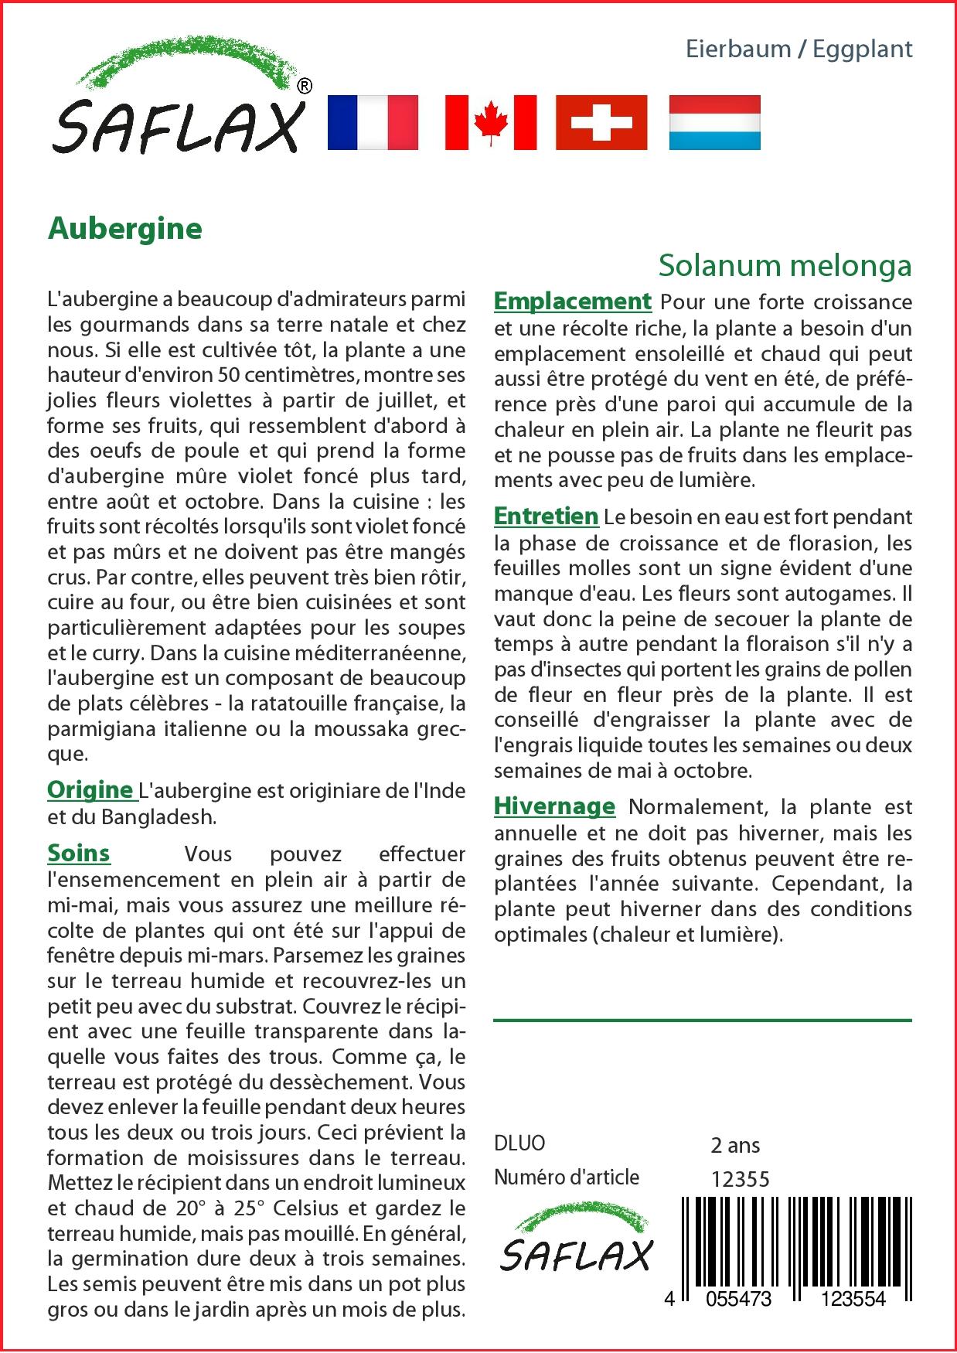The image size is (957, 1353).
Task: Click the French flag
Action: pyautogui.click(x=373, y=122)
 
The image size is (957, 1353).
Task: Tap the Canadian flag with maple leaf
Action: pyautogui.click(x=490, y=122)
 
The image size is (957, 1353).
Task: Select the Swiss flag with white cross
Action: pyautogui.click(x=601, y=122)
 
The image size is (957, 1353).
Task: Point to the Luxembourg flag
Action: pyautogui.click(x=714, y=122)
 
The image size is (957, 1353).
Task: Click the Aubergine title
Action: pyautogui.click(x=125, y=229)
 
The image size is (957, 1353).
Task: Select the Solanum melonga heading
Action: pyautogui.click(x=785, y=265)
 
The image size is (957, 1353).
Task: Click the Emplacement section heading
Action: pyautogui.click(x=573, y=301)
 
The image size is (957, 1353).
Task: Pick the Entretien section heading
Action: pyautogui.click(x=547, y=516)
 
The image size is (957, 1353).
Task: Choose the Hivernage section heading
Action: pyautogui.click(x=555, y=806)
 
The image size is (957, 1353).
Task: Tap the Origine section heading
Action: pyautogui.click(x=90, y=790)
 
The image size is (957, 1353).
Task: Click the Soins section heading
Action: pyautogui.click(x=79, y=854)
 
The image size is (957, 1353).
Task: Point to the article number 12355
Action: pyautogui.click(x=740, y=1178)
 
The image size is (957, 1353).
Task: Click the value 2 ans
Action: pyautogui.click(x=735, y=1144)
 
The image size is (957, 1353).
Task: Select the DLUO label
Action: pyautogui.click(x=519, y=1143)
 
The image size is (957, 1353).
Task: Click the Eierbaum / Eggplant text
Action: pyautogui.click(x=799, y=49)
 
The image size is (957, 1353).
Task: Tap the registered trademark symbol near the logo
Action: pyautogui.click(x=305, y=86)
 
